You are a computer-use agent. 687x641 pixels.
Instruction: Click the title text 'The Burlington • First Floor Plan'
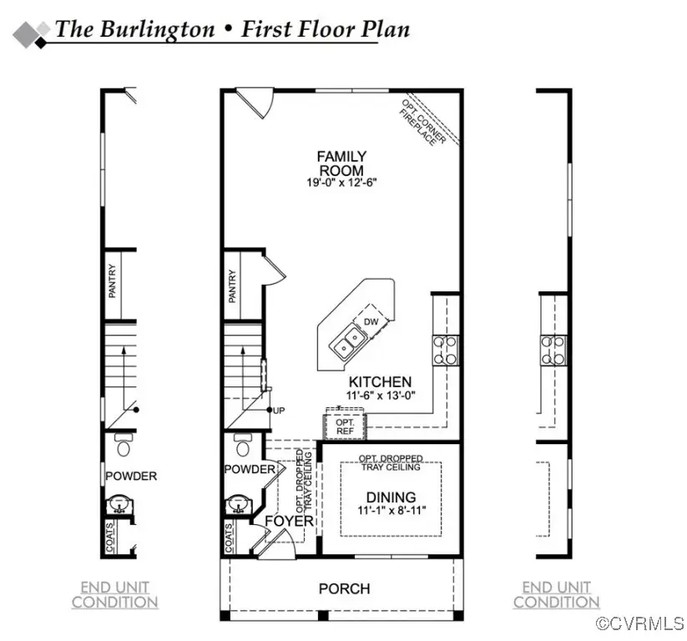232,29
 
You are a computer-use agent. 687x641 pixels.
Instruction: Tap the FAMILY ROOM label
341,163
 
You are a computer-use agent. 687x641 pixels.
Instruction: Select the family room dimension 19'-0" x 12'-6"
341,183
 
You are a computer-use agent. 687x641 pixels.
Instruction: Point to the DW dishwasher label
370,321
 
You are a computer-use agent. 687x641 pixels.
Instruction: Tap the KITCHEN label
379,381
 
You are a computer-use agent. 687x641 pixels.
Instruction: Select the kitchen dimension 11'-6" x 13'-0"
380,396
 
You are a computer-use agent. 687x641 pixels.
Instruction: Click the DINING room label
390,497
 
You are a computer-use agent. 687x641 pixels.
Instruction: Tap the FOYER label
289,522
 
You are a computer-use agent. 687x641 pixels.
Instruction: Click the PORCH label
344,588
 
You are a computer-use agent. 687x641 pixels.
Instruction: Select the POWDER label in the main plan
249,469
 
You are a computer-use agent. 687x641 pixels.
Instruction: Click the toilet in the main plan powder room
243,446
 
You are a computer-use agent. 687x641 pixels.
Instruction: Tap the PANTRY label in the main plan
233,285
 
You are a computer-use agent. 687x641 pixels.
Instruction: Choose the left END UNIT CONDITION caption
114,594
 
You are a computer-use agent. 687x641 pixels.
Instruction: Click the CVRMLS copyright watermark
640,623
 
